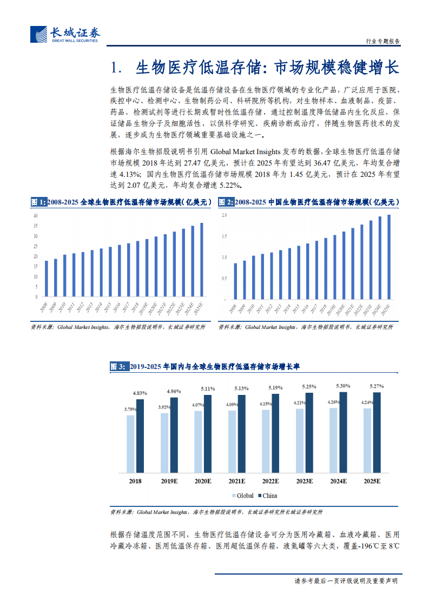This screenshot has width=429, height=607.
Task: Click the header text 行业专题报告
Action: point(380,41)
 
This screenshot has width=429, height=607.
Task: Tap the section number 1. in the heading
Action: point(116,68)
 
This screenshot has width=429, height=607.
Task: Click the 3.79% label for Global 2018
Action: point(130,410)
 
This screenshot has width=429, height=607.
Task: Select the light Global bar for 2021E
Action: point(232,441)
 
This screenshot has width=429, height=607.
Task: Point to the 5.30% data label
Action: point(342,386)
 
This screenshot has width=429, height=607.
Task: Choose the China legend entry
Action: point(268,496)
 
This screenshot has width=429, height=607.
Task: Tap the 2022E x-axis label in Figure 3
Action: point(270,481)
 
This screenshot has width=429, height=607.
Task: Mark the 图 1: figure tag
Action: point(38,202)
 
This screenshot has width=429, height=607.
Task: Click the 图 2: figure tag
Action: point(226,202)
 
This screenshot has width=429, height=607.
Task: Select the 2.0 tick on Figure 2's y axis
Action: point(224,215)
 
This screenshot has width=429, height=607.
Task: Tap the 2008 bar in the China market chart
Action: point(235,280)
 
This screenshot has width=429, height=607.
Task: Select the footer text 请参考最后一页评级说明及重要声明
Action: point(346,581)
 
